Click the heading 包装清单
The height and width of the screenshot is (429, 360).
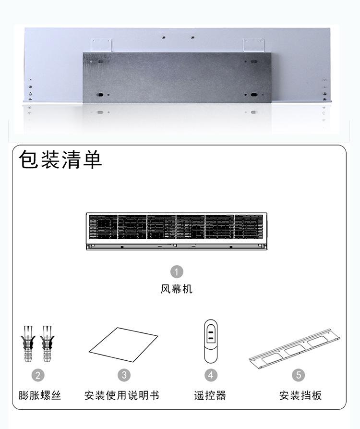tap(60, 160)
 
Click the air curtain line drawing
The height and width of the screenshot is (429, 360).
tap(176, 231)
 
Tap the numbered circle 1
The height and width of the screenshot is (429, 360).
tap(177, 272)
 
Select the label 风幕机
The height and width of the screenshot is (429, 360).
tap(177, 289)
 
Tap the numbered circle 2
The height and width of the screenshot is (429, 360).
tap(37, 375)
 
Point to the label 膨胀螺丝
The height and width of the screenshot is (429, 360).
tap(40, 396)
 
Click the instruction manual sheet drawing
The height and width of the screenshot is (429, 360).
tap(123, 347)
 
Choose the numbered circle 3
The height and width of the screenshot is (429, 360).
tap(124, 375)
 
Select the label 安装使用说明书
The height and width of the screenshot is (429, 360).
tap(121, 396)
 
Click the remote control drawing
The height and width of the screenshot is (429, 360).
tap(211, 341)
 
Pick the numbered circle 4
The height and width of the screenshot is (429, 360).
tap(211, 375)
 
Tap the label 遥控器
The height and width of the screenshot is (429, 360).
tap(210, 396)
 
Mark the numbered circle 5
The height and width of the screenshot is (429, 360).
tap(298, 375)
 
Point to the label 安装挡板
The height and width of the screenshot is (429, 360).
tap(300, 396)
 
